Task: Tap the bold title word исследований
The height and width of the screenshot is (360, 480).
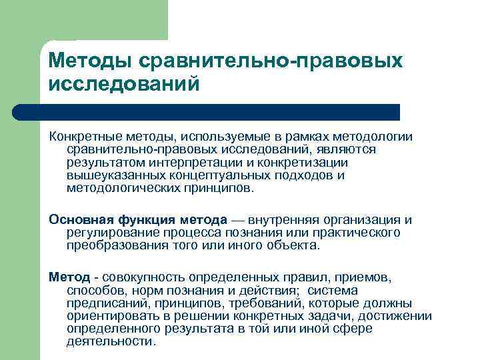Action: [x=124, y=85]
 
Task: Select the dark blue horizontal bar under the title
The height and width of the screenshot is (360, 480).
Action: [x=220, y=112]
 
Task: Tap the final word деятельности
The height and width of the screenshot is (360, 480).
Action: [x=110, y=341]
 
